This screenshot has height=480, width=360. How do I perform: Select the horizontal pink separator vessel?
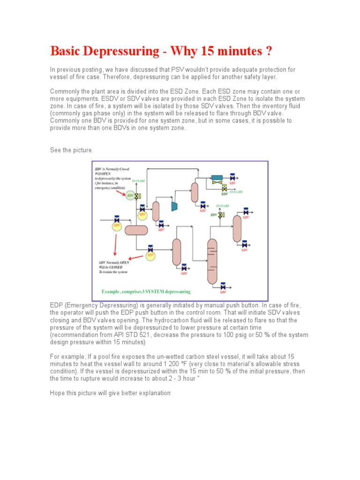point(136,230)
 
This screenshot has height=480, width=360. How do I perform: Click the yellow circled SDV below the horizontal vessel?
point(150,255)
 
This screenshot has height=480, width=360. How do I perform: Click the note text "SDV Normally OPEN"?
point(114,262)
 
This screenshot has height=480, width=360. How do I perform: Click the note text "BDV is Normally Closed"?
point(112,169)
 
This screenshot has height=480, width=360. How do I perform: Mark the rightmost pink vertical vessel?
point(237,228)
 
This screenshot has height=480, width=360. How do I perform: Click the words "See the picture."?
point(72,150)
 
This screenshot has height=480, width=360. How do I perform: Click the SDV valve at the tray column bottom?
point(223,286)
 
